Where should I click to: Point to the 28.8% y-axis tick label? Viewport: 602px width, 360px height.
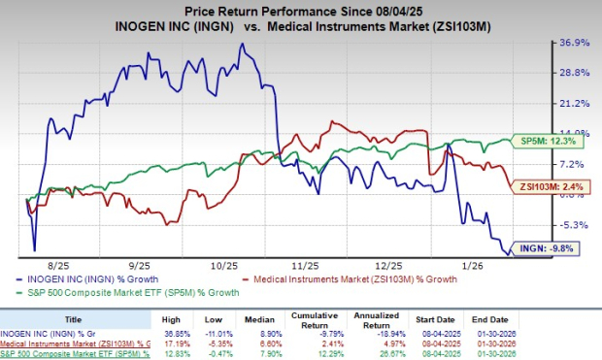coord(573,73)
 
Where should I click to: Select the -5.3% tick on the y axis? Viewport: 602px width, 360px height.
coord(573,225)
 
